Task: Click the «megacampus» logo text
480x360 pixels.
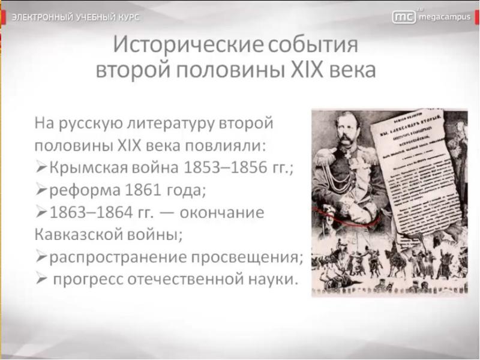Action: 445,17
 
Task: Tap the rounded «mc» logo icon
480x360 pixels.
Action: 404,17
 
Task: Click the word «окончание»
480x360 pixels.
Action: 223,213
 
